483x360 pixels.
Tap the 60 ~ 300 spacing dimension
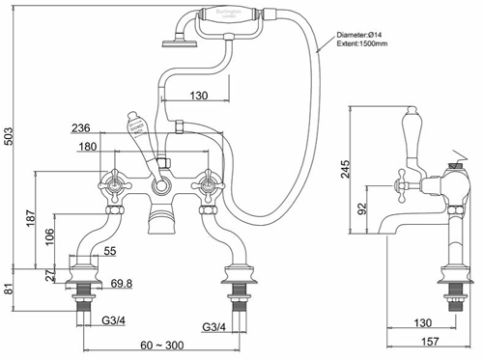tap(158, 346)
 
